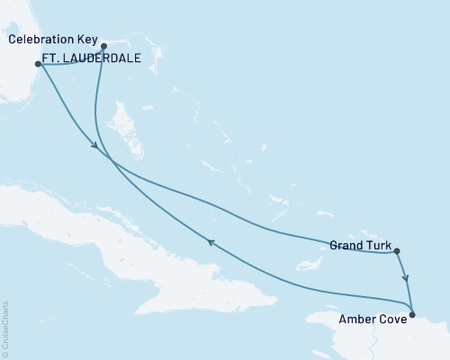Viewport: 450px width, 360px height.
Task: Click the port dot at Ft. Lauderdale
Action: click(x=38, y=64)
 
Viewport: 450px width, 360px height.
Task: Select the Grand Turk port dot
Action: click(x=397, y=252)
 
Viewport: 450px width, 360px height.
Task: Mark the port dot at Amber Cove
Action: click(x=412, y=314)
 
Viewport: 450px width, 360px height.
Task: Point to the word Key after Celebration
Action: click(x=87, y=40)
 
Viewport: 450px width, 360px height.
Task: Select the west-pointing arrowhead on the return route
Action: click(x=211, y=241)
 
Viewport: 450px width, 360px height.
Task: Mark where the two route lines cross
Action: click(x=111, y=159)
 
